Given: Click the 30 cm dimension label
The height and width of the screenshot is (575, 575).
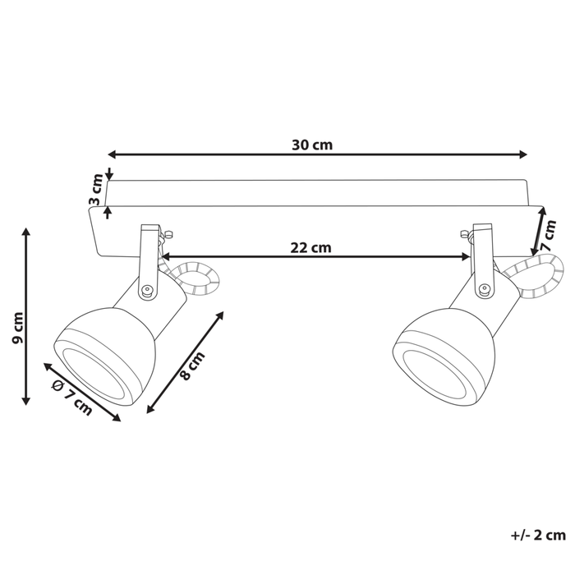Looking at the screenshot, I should pyautogui.click(x=311, y=145).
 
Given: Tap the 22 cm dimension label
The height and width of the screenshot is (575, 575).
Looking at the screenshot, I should pyautogui.click(x=310, y=246).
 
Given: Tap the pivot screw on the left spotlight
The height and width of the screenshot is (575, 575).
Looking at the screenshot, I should pyautogui.click(x=146, y=289).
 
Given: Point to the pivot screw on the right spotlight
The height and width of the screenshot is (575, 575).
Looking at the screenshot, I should pyautogui.click(x=485, y=288).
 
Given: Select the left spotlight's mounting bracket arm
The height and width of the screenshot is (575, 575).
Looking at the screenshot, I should pyautogui.click(x=147, y=255).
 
